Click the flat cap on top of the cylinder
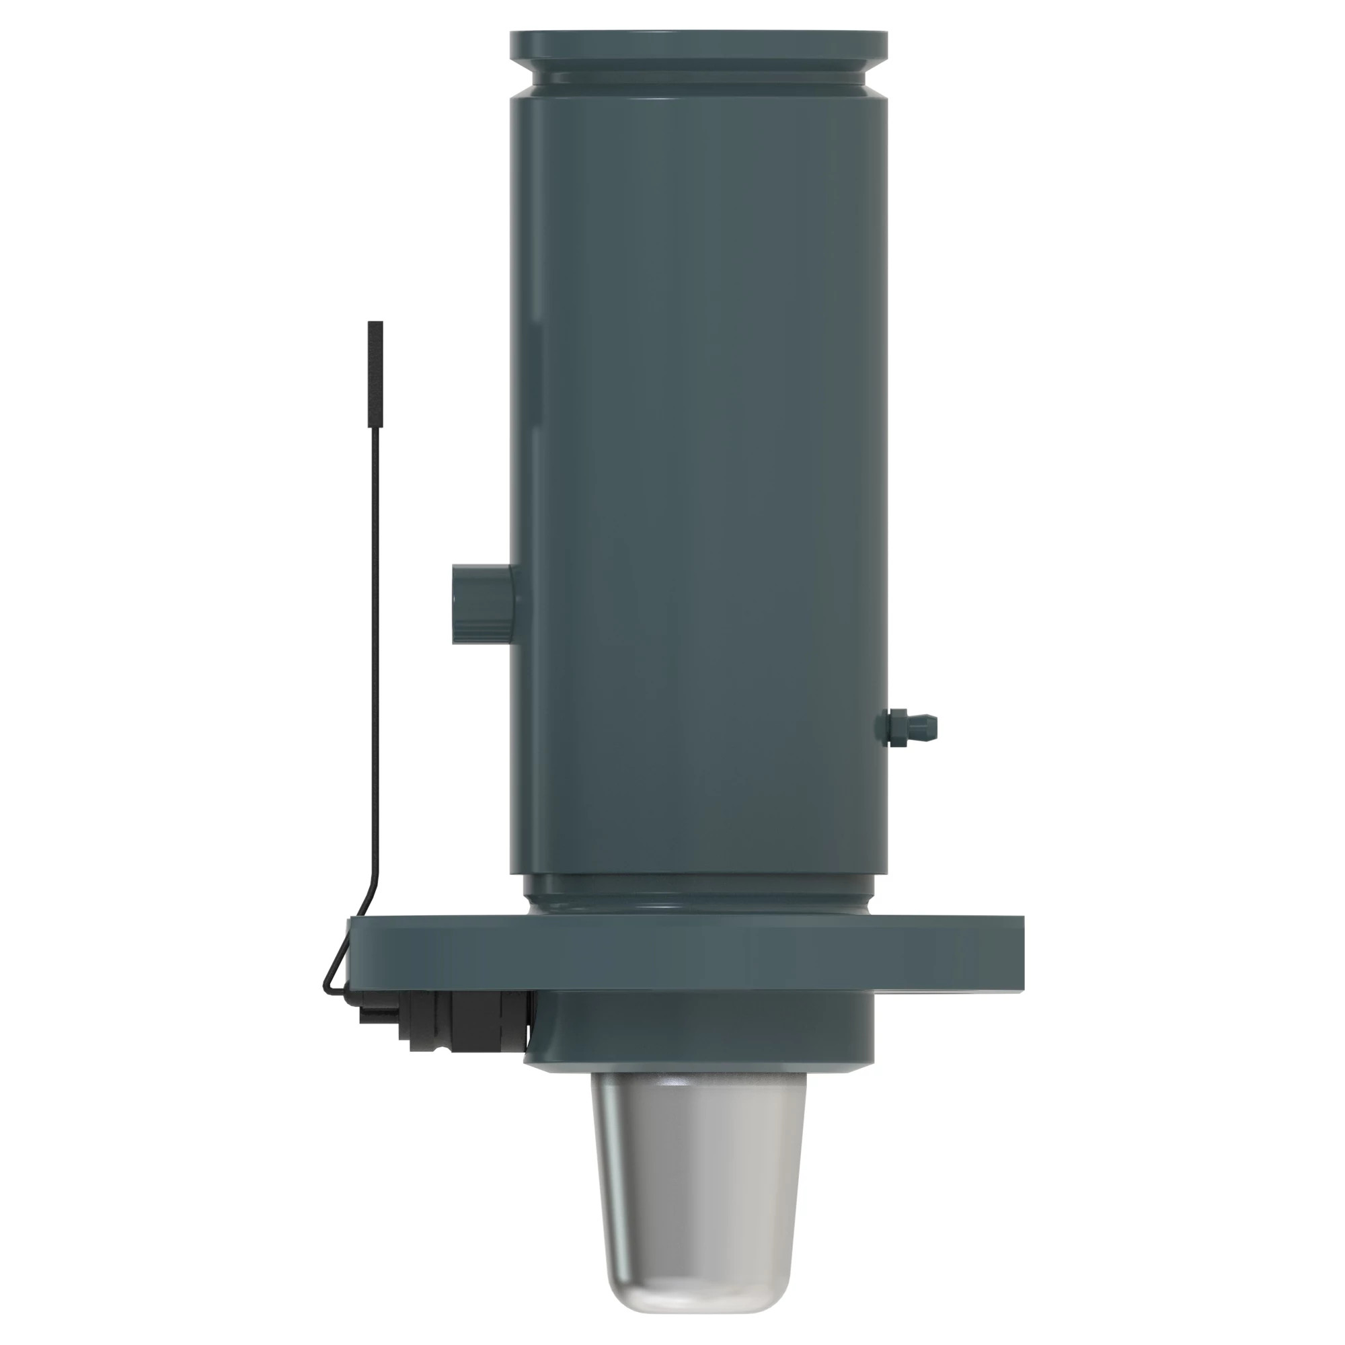pos(697,43)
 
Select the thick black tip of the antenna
pos(375,373)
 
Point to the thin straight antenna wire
pos(375,627)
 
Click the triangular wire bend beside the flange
pos(338,968)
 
